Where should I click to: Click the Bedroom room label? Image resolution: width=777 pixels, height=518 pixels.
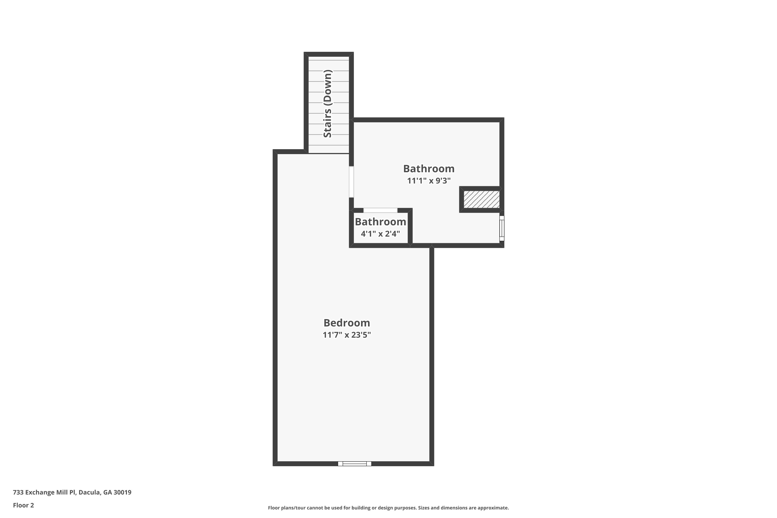pyautogui.click(x=347, y=323)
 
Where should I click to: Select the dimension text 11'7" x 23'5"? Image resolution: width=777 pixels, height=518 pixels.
pyautogui.click(x=347, y=335)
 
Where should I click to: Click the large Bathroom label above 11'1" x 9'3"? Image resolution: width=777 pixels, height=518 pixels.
pyautogui.click(x=429, y=169)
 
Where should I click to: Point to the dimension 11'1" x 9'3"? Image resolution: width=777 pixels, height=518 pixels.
pyautogui.click(x=429, y=181)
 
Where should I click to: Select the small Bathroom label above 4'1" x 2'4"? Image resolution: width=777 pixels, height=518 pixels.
pyautogui.click(x=380, y=222)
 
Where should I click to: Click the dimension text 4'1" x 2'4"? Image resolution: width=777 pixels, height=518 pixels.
pyautogui.click(x=380, y=234)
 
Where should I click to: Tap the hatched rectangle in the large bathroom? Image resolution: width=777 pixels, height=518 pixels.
pyautogui.click(x=481, y=199)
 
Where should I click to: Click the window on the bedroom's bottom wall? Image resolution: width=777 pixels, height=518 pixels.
pyautogui.click(x=355, y=464)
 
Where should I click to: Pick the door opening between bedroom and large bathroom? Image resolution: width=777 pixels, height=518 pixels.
pyautogui.click(x=351, y=182)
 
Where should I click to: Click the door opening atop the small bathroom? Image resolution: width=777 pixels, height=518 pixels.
pyautogui.click(x=380, y=210)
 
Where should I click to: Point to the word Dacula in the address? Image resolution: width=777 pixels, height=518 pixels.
pyautogui.click(x=89, y=492)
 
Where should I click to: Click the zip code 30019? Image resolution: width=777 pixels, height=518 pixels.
pyautogui.click(x=122, y=492)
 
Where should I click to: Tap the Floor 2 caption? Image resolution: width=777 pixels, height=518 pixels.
pyautogui.click(x=24, y=505)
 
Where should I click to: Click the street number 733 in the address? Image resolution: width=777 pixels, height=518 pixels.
pyautogui.click(x=18, y=492)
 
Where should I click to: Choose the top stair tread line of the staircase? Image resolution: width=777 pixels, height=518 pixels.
pyautogui.click(x=328, y=60)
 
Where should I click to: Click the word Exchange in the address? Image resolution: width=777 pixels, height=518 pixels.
pyautogui.click(x=40, y=492)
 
